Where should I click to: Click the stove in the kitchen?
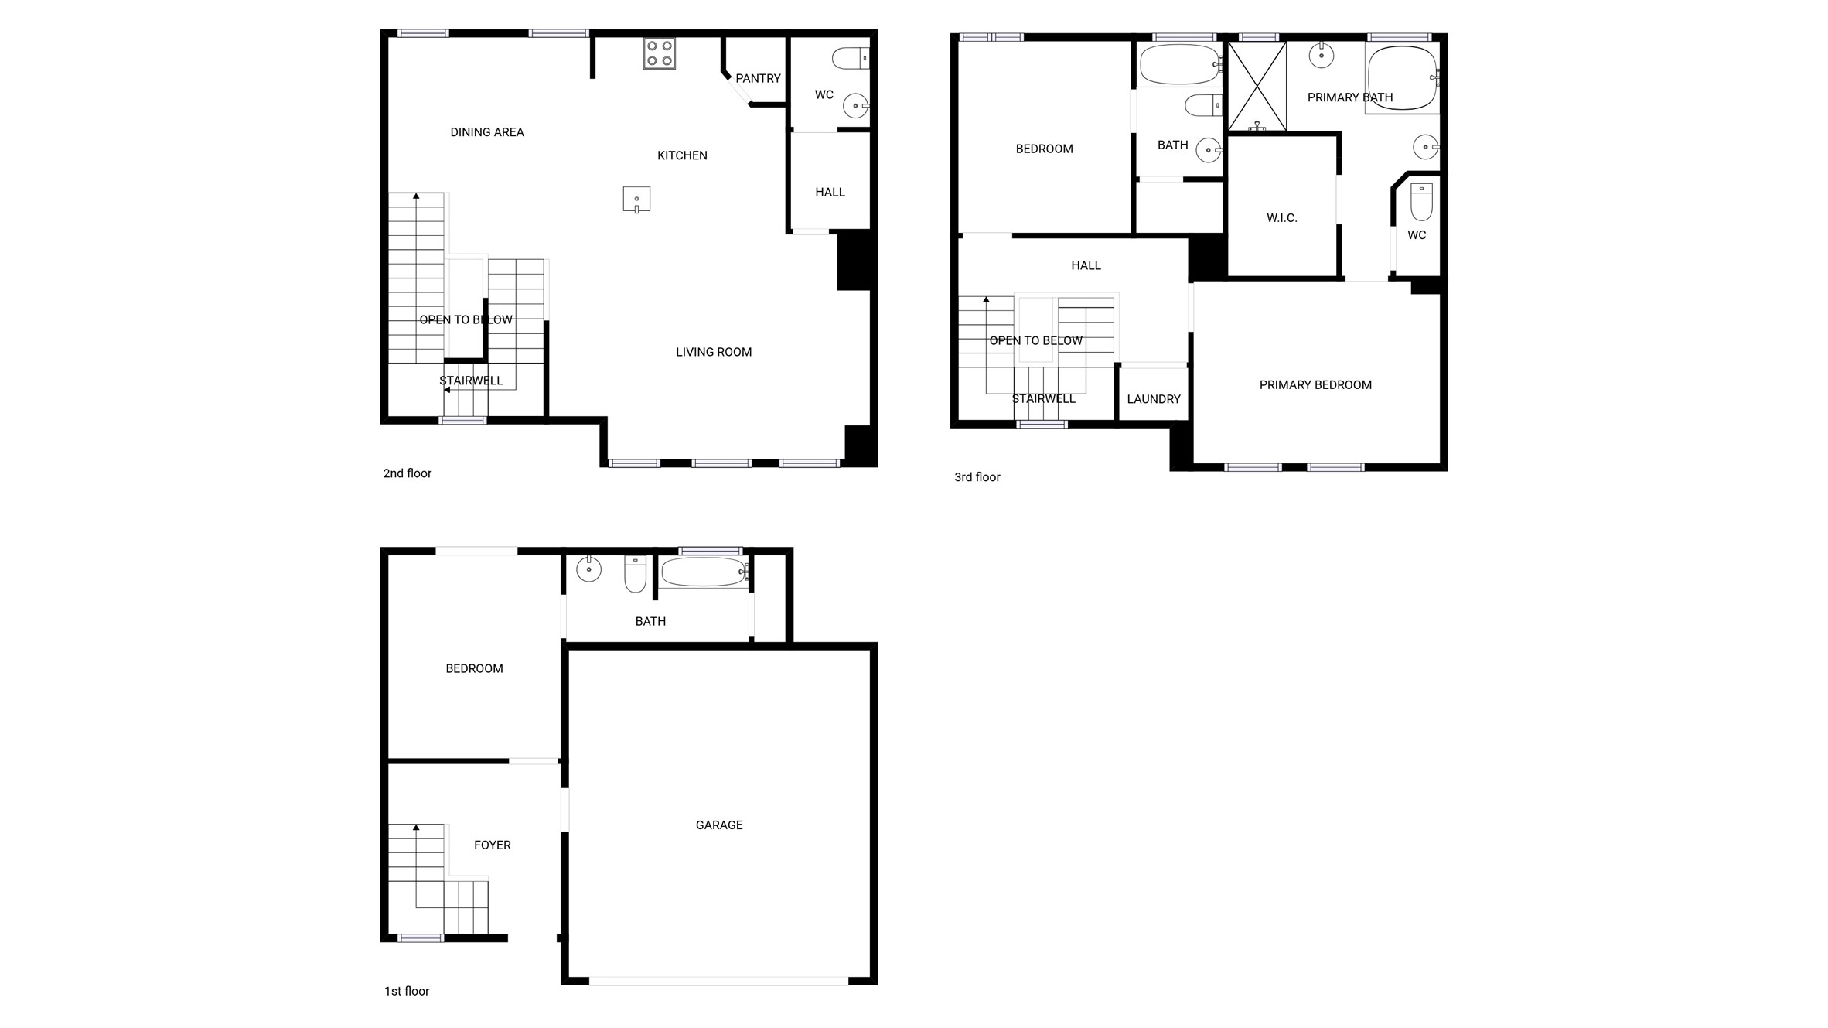click(659, 53)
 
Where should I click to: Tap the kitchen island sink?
click(636, 200)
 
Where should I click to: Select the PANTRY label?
click(758, 78)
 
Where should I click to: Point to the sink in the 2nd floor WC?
click(855, 105)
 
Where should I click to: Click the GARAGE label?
click(719, 825)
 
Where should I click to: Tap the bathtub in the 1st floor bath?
click(704, 572)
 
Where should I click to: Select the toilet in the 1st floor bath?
click(635, 573)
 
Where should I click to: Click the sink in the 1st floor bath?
click(588, 569)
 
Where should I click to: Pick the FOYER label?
click(493, 845)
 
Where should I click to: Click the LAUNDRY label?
click(1154, 399)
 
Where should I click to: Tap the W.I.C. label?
click(1282, 218)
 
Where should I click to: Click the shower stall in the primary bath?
click(1257, 86)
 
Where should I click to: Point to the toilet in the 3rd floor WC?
click(1421, 201)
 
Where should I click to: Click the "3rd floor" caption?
click(977, 477)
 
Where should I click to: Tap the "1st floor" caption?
click(407, 991)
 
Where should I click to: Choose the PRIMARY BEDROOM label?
click(1315, 385)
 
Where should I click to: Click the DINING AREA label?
click(487, 132)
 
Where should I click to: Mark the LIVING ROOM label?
click(714, 352)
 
